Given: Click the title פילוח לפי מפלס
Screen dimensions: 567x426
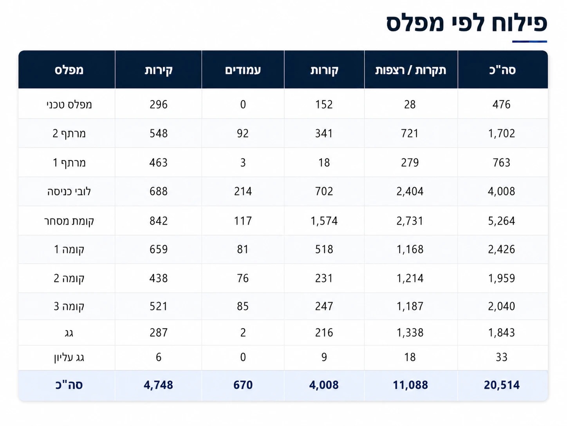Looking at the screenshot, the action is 466,23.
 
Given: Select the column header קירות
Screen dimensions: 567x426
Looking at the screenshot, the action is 159,70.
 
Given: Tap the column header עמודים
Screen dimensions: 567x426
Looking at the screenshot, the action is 243,70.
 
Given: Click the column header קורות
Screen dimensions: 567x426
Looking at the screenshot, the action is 324,70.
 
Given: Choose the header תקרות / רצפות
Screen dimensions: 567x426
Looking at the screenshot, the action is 410,70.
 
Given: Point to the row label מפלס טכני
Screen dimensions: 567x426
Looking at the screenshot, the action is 69,104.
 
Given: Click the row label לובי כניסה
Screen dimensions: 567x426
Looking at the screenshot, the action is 69,191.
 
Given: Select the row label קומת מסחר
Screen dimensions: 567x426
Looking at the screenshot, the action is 69,221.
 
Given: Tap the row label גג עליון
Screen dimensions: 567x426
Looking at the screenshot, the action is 69,357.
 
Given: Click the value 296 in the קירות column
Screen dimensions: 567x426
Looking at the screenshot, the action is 159,104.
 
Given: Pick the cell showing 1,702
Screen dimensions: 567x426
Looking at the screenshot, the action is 501,133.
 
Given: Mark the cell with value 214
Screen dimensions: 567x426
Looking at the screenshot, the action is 243,191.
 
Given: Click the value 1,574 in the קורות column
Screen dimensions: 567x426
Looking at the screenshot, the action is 324,221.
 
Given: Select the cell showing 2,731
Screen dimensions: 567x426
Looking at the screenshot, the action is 410,221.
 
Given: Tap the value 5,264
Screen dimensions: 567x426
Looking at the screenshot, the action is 501,221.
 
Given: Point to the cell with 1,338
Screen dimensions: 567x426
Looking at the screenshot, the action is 410,333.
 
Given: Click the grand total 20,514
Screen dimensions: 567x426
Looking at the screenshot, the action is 501,385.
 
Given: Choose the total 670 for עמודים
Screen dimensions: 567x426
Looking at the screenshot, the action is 243,385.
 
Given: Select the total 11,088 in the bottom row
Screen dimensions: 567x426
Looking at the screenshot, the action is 410,385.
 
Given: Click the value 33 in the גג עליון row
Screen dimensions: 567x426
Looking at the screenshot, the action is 501,357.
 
